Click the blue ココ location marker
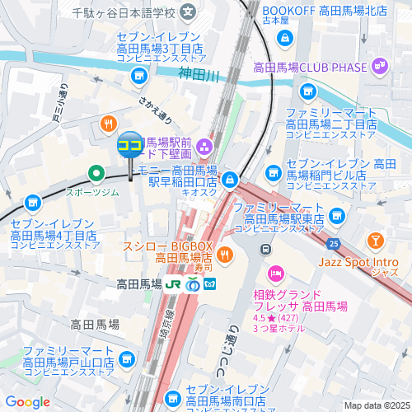pyautogui.click(x=130, y=147)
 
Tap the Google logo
pyautogui.click(x=27, y=401)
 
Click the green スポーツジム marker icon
pyautogui.click(x=96, y=173)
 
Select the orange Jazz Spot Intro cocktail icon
pyautogui.click(x=376, y=240)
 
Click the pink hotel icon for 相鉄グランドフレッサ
pyautogui.click(x=275, y=273)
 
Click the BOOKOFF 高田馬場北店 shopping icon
pyautogui.click(x=283, y=37)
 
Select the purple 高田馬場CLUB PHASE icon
pyautogui.click(x=380, y=63)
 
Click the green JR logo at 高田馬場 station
pyautogui.click(x=173, y=284)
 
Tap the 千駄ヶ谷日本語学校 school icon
pyautogui.click(x=189, y=13)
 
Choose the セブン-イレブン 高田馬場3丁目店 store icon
pyautogui.click(x=138, y=77)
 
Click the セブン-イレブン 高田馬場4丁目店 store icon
pyautogui.click(x=32, y=202)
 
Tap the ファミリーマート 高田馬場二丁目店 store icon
pyautogui.click(x=307, y=91)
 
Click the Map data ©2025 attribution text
pyautogui.click(x=376, y=405)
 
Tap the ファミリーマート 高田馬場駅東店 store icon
pyautogui.click(x=335, y=216)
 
